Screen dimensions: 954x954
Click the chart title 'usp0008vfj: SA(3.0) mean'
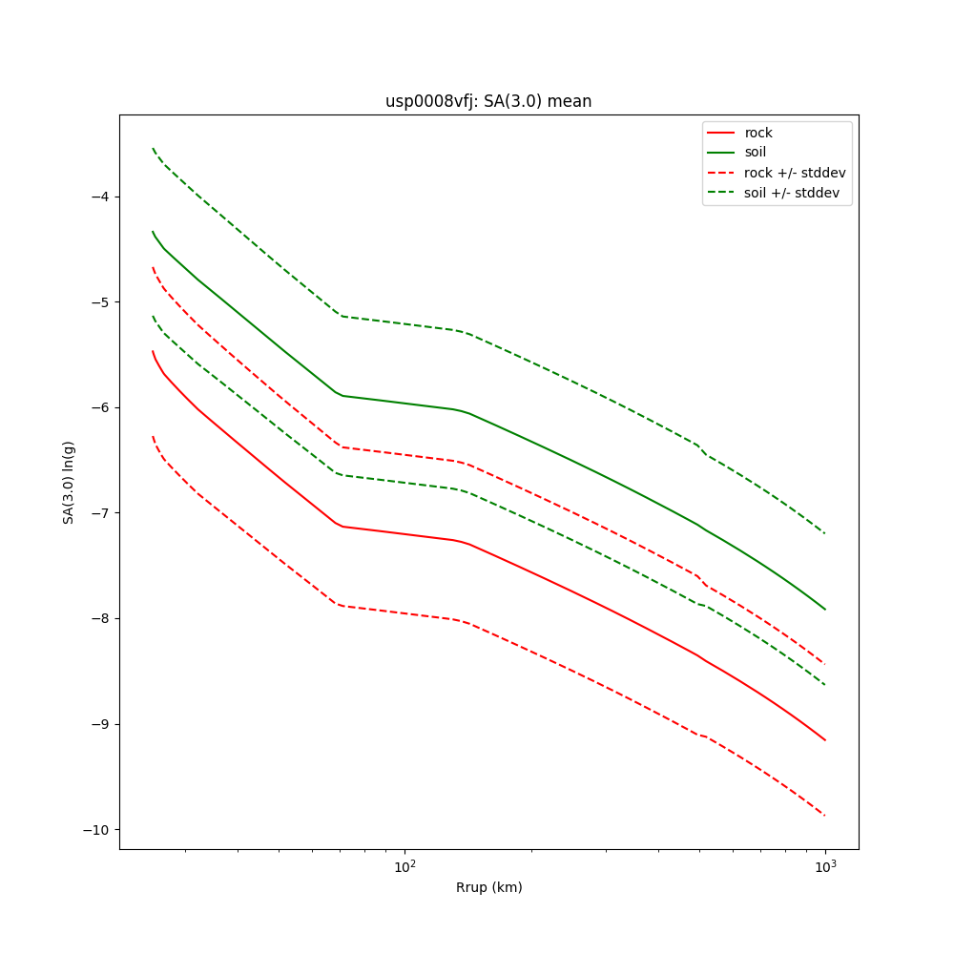point(487,101)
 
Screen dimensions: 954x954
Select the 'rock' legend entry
point(758,133)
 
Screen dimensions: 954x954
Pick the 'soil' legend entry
point(755,153)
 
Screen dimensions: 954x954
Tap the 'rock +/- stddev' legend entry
point(795,173)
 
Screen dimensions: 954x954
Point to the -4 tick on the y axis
point(100,197)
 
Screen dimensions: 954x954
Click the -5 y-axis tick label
point(100,302)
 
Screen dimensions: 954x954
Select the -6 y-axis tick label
point(100,407)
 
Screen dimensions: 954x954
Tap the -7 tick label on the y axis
point(100,513)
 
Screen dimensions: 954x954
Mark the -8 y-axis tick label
point(100,618)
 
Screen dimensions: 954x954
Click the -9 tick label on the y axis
point(100,724)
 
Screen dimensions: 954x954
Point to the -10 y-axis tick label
point(96,829)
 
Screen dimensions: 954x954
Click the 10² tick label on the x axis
point(404,867)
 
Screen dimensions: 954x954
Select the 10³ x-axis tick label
point(825,867)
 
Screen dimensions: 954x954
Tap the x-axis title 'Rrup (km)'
point(488,887)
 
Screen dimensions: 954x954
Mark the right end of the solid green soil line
point(825,610)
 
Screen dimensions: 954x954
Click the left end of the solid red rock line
point(153,351)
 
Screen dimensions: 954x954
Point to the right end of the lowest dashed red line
point(825,816)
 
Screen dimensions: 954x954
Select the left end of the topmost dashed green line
point(153,148)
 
